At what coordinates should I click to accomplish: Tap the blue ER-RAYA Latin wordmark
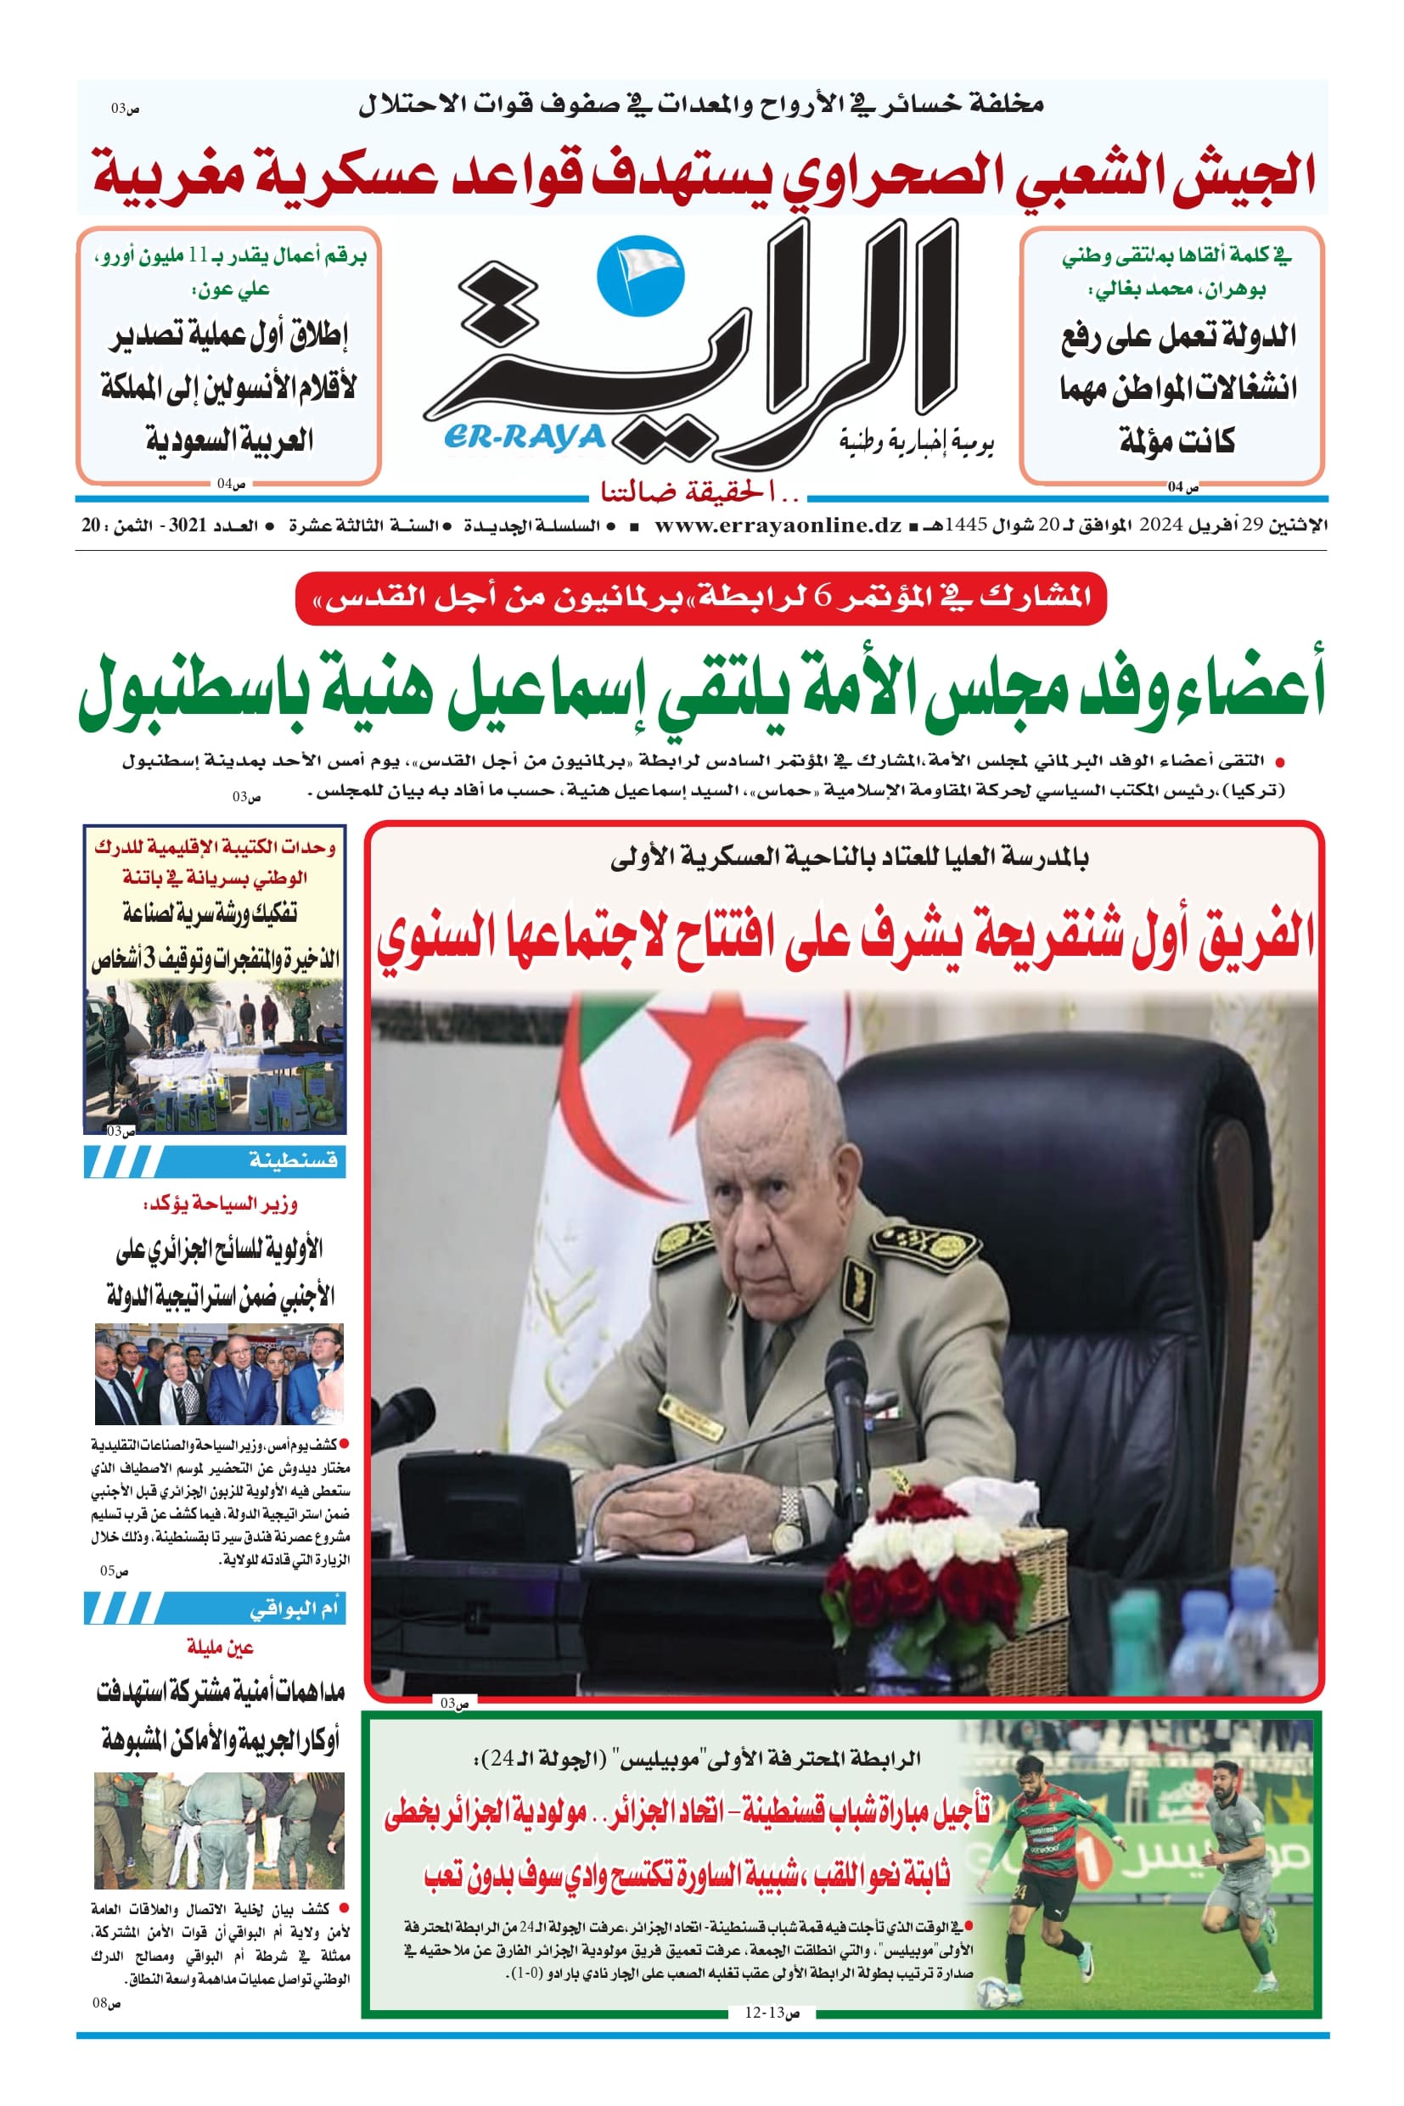[525, 438]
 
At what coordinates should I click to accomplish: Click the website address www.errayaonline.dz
[778, 525]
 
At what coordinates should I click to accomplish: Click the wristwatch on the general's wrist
[789, 1513]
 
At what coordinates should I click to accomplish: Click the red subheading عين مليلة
[220, 1647]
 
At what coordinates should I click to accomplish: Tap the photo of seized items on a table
[215, 1057]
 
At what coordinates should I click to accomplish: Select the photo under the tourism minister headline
[219, 1374]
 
